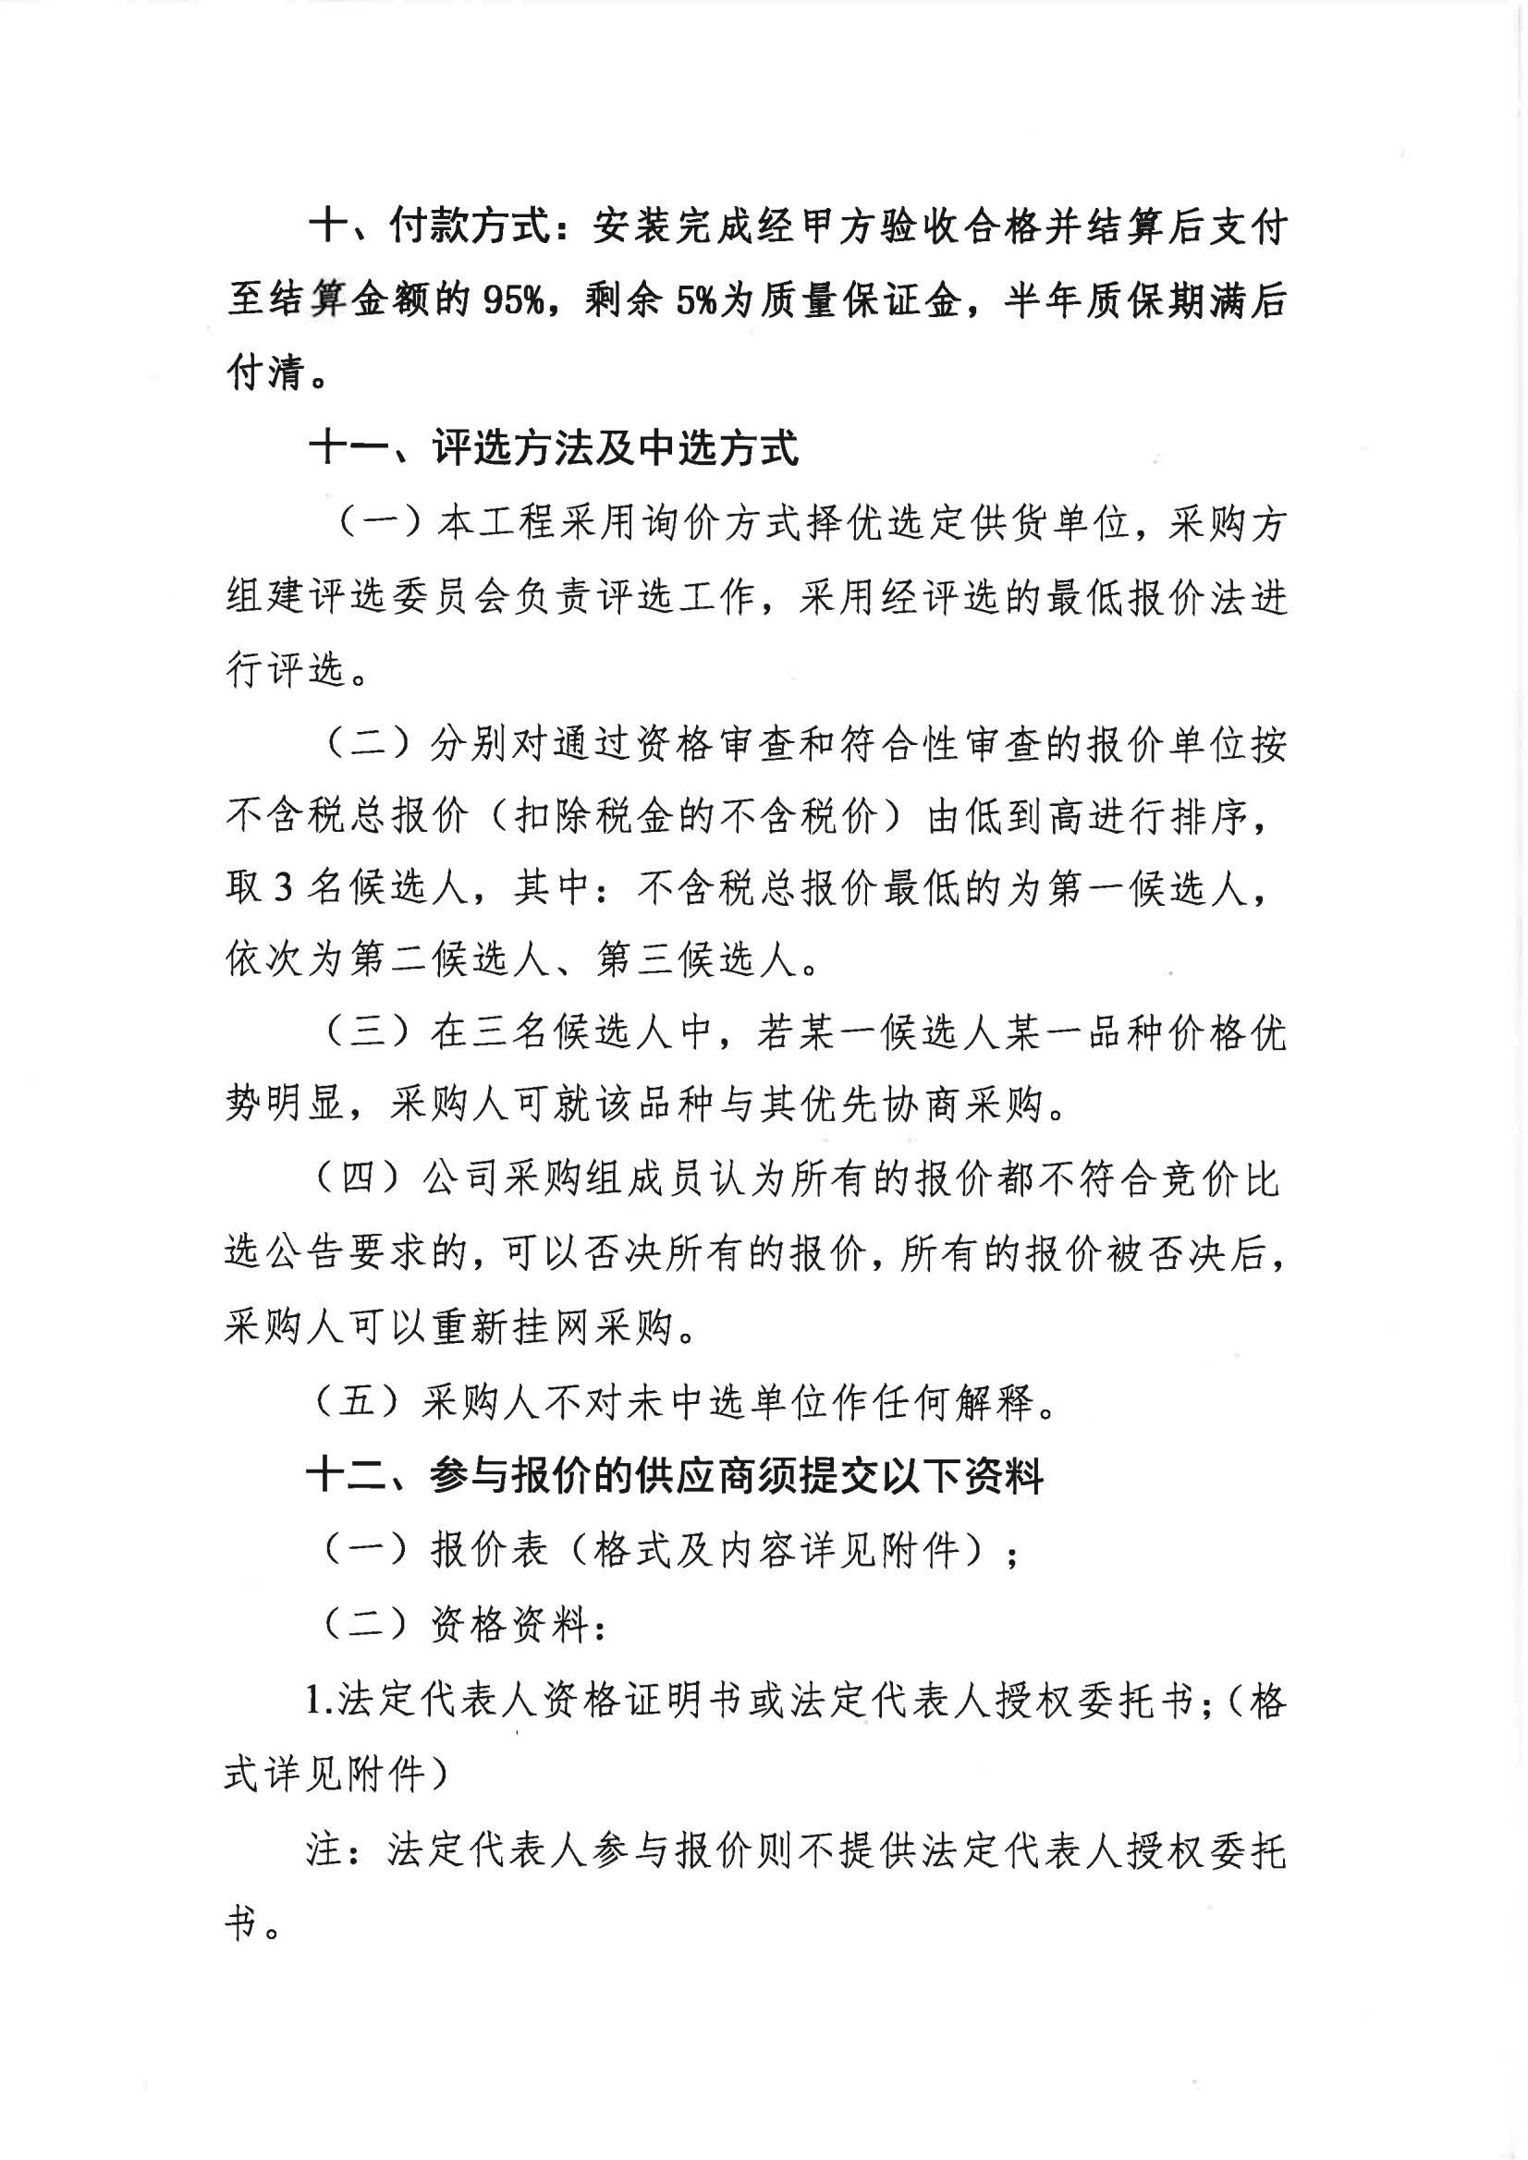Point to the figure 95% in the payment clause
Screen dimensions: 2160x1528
[514, 302]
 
